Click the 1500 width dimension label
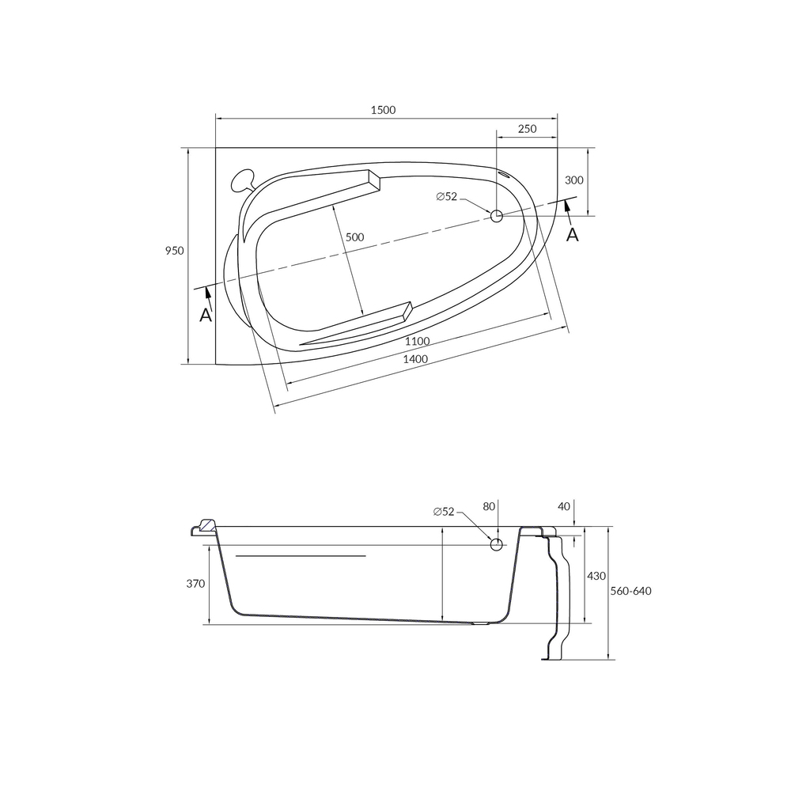pyautogui.click(x=384, y=110)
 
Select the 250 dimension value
pyautogui.click(x=527, y=129)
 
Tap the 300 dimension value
pyautogui.click(x=574, y=180)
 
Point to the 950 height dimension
pyautogui.click(x=174, y=251)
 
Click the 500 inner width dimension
pyautogui.click(x=355, y=237)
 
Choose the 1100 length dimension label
pyautogui.click(x=417, y=341)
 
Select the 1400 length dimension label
pyautogui.click(x=415, y=359)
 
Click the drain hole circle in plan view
pyautogui.click(x=497, y=215)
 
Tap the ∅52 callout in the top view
pyautogui.click(x=447, y=197)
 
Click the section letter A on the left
pyautogui.click(x=206, y=315)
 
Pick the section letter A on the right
pyautogui.click(x=573, y=234)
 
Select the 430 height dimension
pyautogui.click(x=596, y=576)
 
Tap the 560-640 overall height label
pyautogui.click(x=631, y=591)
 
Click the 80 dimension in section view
pyautogui.click(x=488, y=506)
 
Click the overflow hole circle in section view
pyautogui.click(x=497, y=543)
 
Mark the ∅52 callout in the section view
pyautogui.click(x=445, y=512)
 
